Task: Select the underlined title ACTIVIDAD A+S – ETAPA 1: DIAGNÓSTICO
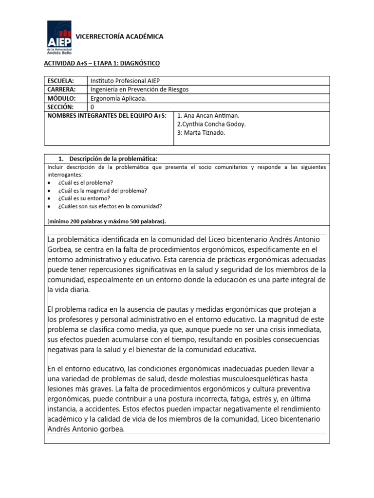pyautogui.click(x=102, y=64)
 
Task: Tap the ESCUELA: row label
pyautogui.click(x=60, y=81)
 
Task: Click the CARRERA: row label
pyautogui.click(x=61, y=89)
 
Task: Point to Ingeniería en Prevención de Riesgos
pyautogui.click(x=140, y=89)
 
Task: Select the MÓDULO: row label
pyautogui.click(x=61, y=98)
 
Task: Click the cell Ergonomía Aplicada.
pyautogui.click(x=118, y=98)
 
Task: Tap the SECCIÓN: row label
pyautogui.click(x=60, y=107)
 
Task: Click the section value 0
pyautogui.click(x=93, y=107)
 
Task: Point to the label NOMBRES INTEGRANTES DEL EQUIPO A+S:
pyautogui.click(x=107, y=116)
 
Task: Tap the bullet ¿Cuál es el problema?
pyautogui.click(x=85, y=182)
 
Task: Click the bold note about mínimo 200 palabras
pyautogui.click(x=107, y=221)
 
